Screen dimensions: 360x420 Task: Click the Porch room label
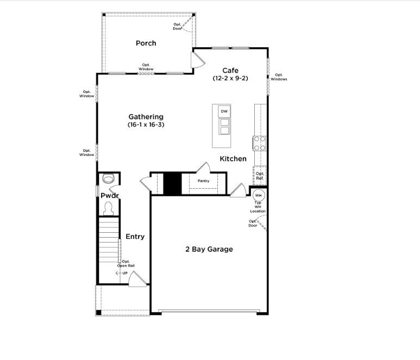pyautogui.click(x=146, y=43)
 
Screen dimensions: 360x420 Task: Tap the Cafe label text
pyautogui.click(x=230, y=70)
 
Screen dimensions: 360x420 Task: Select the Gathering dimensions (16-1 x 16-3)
pyautogui.click(x=146, y=125)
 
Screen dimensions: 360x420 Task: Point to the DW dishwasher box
pyautogui.click(x=224, y=111)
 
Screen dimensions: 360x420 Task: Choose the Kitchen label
pyautogui.click(x=233, y=159)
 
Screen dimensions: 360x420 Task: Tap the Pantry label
pyautogui.click(x=203, y=181)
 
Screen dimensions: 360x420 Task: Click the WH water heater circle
pyautogui.click(x=259, y=195)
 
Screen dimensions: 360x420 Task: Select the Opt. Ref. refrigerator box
pyautogui.click(x=260, y=176)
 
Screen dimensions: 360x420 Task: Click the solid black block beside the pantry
pyautogui.click(x=172, y=183)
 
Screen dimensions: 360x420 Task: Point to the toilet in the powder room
pyautogui.click(x=108, y=178)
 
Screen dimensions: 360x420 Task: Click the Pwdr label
pyautogui.click(x=109, y=195)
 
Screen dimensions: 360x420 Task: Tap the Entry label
pyautogui.click(x=135, y=237)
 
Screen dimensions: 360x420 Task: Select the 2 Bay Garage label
pyautogui.click(x=209, y=249)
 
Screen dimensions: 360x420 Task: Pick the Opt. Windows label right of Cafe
pyautogui.click(x=278, y=77)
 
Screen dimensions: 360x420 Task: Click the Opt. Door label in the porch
pyautogui.click(x=178, y=26)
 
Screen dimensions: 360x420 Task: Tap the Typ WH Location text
pyautogui.click(x=258, y=207)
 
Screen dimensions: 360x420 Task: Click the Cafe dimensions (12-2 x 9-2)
pyautogui.click(x=230, y=78)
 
